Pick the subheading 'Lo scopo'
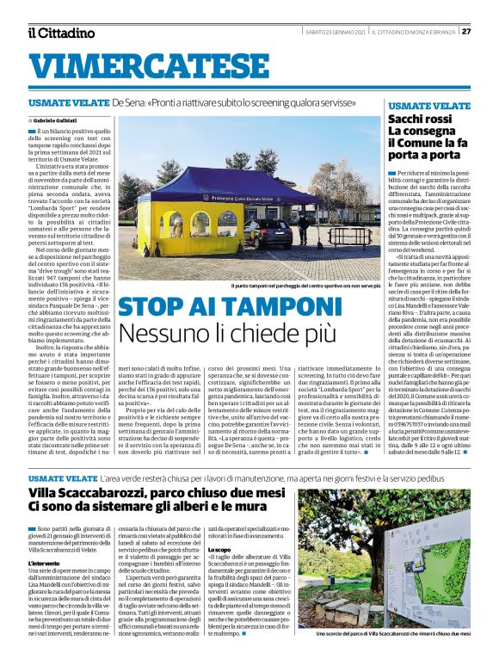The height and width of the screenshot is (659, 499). point(218,548)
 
